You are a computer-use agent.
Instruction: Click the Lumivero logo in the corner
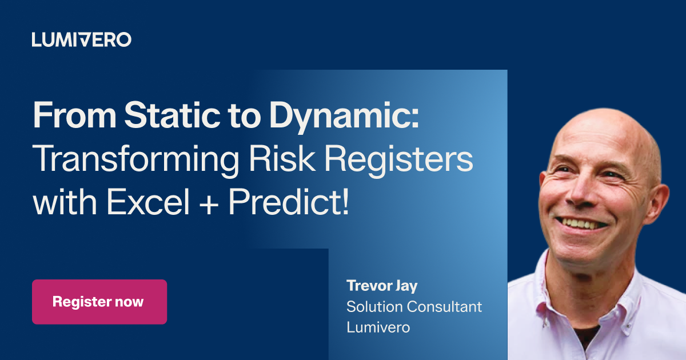(81, 40)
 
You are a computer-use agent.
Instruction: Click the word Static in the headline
(172, 115)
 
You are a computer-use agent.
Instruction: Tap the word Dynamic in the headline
(344, 117)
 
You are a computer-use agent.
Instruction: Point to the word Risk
(282, 158)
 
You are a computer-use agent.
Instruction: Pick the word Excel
(148, 202)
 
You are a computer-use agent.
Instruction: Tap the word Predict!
(288, 202)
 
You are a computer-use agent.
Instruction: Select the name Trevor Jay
(382, 286)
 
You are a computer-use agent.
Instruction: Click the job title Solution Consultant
(414, 307)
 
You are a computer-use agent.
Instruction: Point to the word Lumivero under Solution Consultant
(378, 327)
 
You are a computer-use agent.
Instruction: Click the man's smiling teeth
(581, 223)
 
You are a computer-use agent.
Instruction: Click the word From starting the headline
(74, 115)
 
